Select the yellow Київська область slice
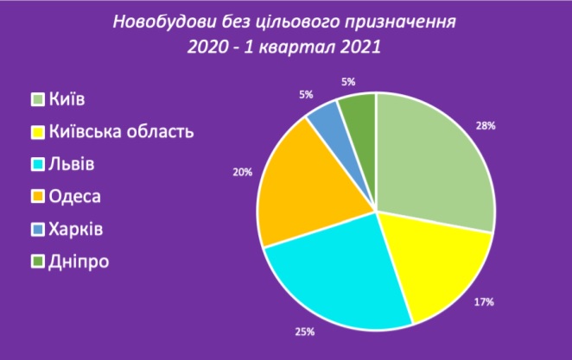click(x=438, y=262)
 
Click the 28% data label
click(x=486, y=126)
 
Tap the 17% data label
click(x=484, y=301)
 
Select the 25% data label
click(x=305, y=332)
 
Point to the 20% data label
click(x=243, y=172)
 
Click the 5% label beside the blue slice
click(x=306, y=95)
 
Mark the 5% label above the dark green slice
click(x=348, y=82)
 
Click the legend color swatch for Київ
click(x=37, y=99)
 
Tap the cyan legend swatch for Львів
click(x=37, y=164)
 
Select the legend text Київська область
click(x=121, y=131)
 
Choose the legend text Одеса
click(x=75, y=197)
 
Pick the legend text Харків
click(x=76, y=229)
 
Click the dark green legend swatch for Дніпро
click(x=37, y=262)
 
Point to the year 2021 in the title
click(x=360, y=47)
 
